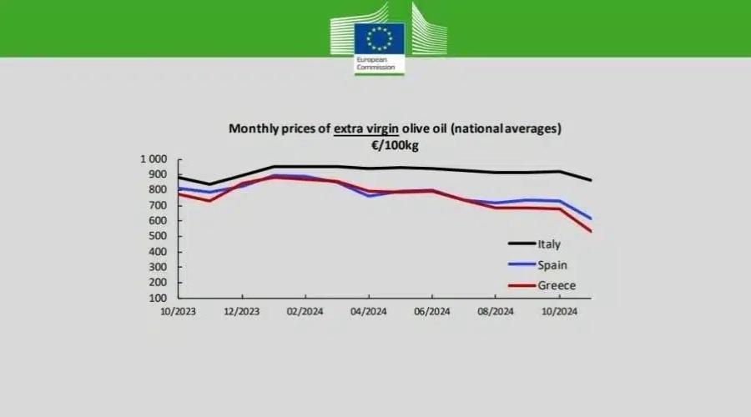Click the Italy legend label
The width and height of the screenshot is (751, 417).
(x=549, y=244)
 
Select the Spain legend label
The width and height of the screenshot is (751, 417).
(x=552, y=265)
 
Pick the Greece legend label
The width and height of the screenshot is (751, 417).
(x=557, y=286)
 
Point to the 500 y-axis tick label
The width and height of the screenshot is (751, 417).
(x=159, y=236)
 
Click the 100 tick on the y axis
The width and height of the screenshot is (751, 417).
(x=159, y=298)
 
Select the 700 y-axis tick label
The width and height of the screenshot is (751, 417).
(x=159, y=205)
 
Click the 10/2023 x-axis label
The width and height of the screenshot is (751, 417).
(x=179, y=312)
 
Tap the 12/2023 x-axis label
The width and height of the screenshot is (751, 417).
(x=242, y=312)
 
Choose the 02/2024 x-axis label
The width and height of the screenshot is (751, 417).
(x=305, y=312)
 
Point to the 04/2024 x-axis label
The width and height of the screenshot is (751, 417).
(x=369, y=312)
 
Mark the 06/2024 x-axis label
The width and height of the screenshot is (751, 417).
(x=431, y=312)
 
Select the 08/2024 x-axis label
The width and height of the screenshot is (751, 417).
(x=495, y=312)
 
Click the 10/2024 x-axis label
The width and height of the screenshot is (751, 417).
(x=558, y=312)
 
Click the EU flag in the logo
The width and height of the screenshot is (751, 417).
(x=380, y=38)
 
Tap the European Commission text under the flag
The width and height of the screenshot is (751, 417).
(x=373, y=64)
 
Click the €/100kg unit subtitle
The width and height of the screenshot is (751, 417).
(x=395, y=144)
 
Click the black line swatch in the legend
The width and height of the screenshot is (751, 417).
(x=522, y=244)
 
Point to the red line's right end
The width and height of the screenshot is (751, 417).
(x=592, y=232)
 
